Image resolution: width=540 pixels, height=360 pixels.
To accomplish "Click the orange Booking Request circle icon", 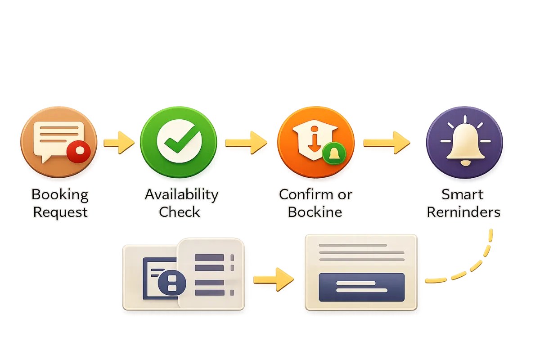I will click(x=58, y=141).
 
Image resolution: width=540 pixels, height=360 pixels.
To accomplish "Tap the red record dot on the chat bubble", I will click(x=79, y=151).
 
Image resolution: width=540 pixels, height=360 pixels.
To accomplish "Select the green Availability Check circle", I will click(x=179, y=141).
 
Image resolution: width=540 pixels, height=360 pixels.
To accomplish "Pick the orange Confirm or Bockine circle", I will click(x=315, y=141).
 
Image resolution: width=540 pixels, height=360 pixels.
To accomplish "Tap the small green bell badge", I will click(x=334, y=154).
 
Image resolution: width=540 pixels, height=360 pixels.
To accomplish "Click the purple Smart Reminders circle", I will click(x=464, y=141).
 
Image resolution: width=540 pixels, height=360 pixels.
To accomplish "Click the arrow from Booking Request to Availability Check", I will click(x=119, y=142).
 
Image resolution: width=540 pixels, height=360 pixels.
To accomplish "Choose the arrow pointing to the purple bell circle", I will click(x=387, y=142).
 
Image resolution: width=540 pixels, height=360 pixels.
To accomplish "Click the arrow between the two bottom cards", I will click(x=273, y=279).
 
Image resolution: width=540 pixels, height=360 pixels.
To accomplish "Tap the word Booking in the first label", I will click(x=60, y=195).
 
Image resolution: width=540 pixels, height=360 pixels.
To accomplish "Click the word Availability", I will click(x=181, y=195).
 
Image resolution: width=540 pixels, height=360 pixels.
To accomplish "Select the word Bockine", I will click(x=315, y=211).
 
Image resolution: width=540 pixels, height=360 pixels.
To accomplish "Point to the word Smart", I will click(x=462, y=195).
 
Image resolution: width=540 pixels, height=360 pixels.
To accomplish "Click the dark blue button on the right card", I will click(x=361, y=287).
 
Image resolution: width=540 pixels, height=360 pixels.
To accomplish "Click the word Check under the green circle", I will click(x=180, y=211).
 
